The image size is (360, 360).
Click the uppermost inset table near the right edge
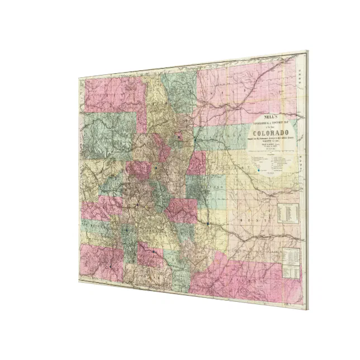[x=288, y=211]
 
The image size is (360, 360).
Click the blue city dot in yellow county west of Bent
[x=207, y=224]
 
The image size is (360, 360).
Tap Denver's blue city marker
[x=179, y=136]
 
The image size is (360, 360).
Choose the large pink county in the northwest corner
[x=107, y=95]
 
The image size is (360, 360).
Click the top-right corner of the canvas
[x=307, y=52]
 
